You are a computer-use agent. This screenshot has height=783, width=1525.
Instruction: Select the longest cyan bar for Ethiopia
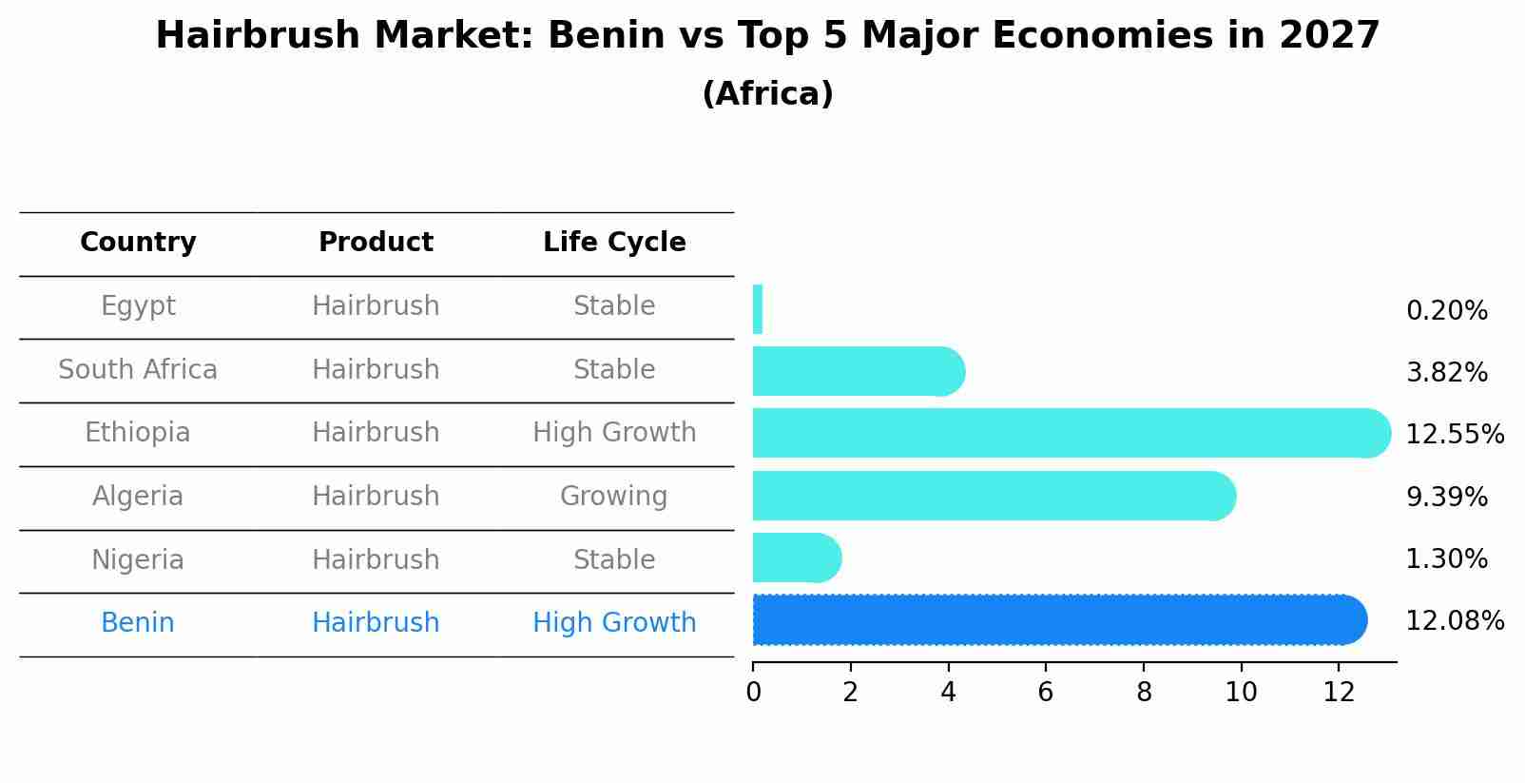pos(1070,433)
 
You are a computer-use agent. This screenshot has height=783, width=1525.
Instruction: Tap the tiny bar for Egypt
pos(758,309)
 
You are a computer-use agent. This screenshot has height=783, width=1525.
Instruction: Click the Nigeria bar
pos(796,558)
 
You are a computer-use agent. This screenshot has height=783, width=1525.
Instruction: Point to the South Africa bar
pos(858,371)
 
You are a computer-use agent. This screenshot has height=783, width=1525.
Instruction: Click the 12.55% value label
pos(1454,435)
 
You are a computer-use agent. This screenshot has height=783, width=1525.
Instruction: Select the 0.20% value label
pos(1446,311)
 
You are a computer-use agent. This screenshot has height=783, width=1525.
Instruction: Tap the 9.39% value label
pos(1446,498)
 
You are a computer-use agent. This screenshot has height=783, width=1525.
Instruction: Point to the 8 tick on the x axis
pos(1144,693)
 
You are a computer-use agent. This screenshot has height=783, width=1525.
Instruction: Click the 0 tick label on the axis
pos(753,693)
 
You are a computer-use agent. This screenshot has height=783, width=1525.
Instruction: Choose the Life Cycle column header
pos(614,243)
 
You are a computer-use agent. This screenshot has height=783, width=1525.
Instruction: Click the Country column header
pos(138,243)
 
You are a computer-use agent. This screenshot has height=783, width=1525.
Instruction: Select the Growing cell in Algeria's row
pos(614,497)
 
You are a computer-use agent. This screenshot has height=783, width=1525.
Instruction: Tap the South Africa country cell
pos(138,370)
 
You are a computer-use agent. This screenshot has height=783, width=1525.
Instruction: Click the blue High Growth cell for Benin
pos(614,623)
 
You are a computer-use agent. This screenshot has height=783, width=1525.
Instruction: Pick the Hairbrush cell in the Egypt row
pos(376,306)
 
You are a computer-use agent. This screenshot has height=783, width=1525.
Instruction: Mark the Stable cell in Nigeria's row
pos(614,560)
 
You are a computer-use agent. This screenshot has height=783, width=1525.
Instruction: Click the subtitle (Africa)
pos(767,94)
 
